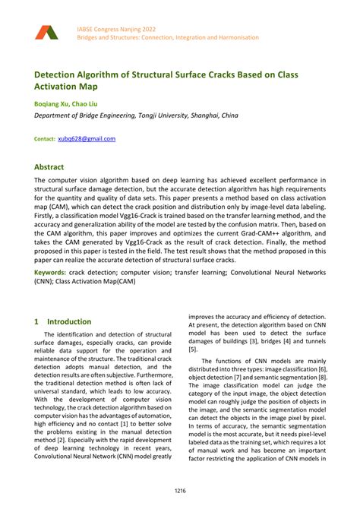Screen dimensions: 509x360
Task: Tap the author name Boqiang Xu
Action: point(51,103)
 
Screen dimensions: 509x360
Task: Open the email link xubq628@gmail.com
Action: point(87,139)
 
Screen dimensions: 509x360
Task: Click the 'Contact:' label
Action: point(44,139)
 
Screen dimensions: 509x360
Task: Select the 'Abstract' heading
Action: point(49,166)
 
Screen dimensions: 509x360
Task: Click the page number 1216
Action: point(179,492)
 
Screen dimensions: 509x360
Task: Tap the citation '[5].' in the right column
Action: point(193,349)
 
